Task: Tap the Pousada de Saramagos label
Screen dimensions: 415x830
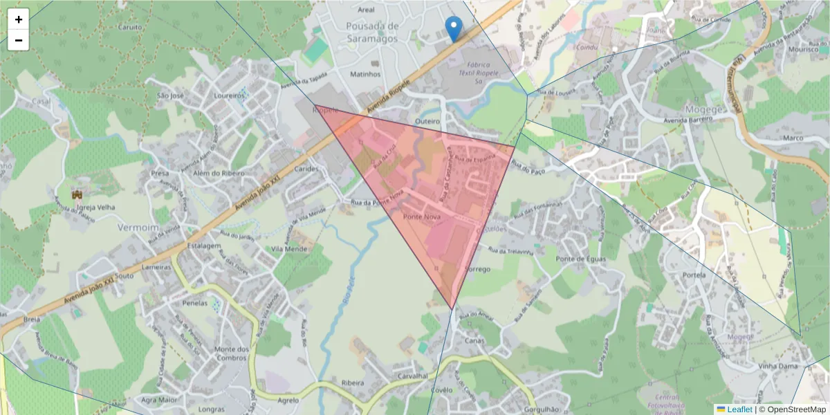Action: coord(373,32)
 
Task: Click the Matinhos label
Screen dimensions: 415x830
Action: coord(366,74)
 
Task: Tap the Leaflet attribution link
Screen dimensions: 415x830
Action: coord(739,409)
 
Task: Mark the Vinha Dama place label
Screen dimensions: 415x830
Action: coord(778,365)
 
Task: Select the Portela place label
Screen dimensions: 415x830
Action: coord(694,275)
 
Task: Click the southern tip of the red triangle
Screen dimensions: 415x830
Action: coord(452,309)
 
